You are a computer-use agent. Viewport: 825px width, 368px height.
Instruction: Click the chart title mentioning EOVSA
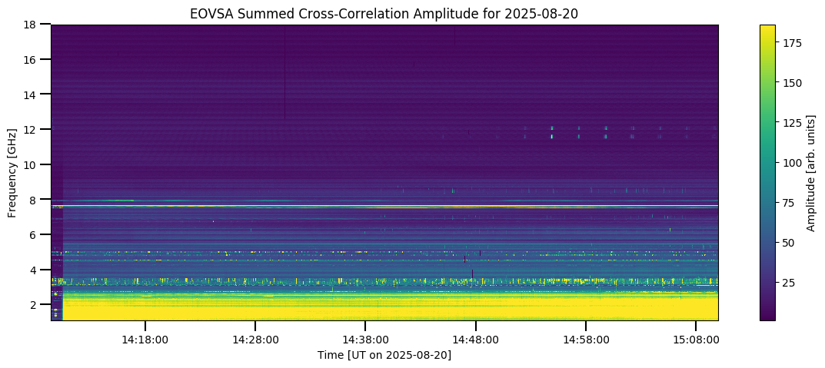384,13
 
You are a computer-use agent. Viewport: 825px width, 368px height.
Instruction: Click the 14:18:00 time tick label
145,340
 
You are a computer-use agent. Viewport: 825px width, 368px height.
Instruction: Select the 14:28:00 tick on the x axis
255,340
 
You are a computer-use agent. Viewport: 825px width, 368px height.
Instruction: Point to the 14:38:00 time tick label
365,340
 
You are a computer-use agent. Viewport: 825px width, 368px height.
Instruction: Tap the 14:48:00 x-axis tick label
475,340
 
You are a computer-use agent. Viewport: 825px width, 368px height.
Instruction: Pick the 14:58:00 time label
586,340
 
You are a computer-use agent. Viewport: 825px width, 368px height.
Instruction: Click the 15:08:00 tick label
696,340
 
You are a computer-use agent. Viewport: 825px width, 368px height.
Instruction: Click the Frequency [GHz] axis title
12,173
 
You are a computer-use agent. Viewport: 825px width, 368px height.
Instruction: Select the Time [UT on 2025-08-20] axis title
384,355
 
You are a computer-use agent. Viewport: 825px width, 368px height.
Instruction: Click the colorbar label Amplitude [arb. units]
811,173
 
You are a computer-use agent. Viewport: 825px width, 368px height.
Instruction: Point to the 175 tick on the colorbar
792,43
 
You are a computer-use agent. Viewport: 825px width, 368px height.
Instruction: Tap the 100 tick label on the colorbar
792,163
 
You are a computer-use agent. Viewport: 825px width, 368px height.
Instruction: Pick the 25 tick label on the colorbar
789,283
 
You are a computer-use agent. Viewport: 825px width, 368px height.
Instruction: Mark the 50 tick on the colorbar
789,243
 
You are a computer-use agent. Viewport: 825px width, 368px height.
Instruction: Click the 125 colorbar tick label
792,123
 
